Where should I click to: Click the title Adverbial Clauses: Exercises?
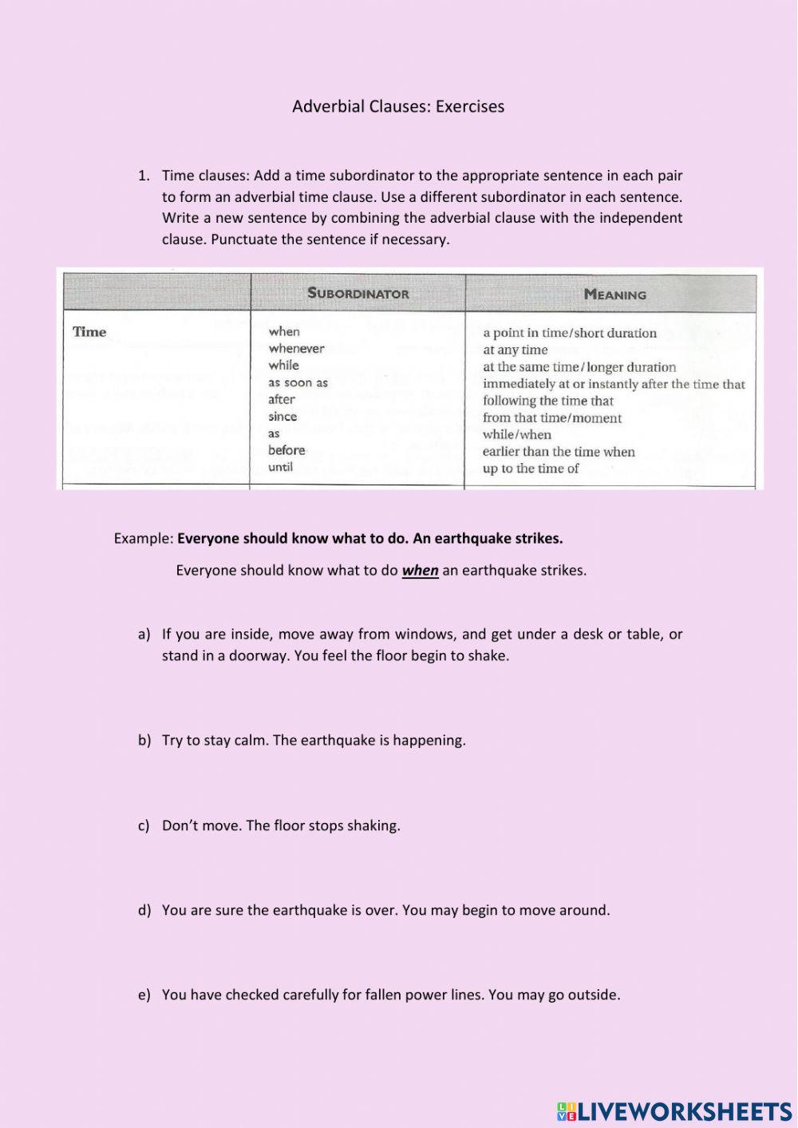click(x=398, y=106)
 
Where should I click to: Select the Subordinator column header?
click(x=358, y=293)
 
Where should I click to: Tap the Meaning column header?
click(x=614, y=294)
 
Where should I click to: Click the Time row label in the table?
click(x=89, y=331)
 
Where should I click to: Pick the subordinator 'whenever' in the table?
click(x=296, y=348)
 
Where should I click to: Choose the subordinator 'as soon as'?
click(x=298, y=382)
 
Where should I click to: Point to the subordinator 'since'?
click(x=282, y=416)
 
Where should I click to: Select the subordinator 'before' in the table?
click(x=286, y=449)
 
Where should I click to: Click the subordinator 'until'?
click(x=280, y=467)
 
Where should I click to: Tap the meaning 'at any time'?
click(x=515, y=350)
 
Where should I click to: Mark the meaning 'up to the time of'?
click(x=531, y=469)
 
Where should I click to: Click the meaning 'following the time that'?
click(x=547, y=401)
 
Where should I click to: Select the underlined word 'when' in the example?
click(x=420, y=570)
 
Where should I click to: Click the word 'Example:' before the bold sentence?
click(x=144, y=538)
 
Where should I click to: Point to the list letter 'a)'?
click(x=144, y=634)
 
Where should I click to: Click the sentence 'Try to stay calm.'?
click(x=215, y=740)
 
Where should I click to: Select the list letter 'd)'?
click(x=144, y=910)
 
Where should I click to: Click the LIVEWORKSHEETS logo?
click(x=674, y=1110)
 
